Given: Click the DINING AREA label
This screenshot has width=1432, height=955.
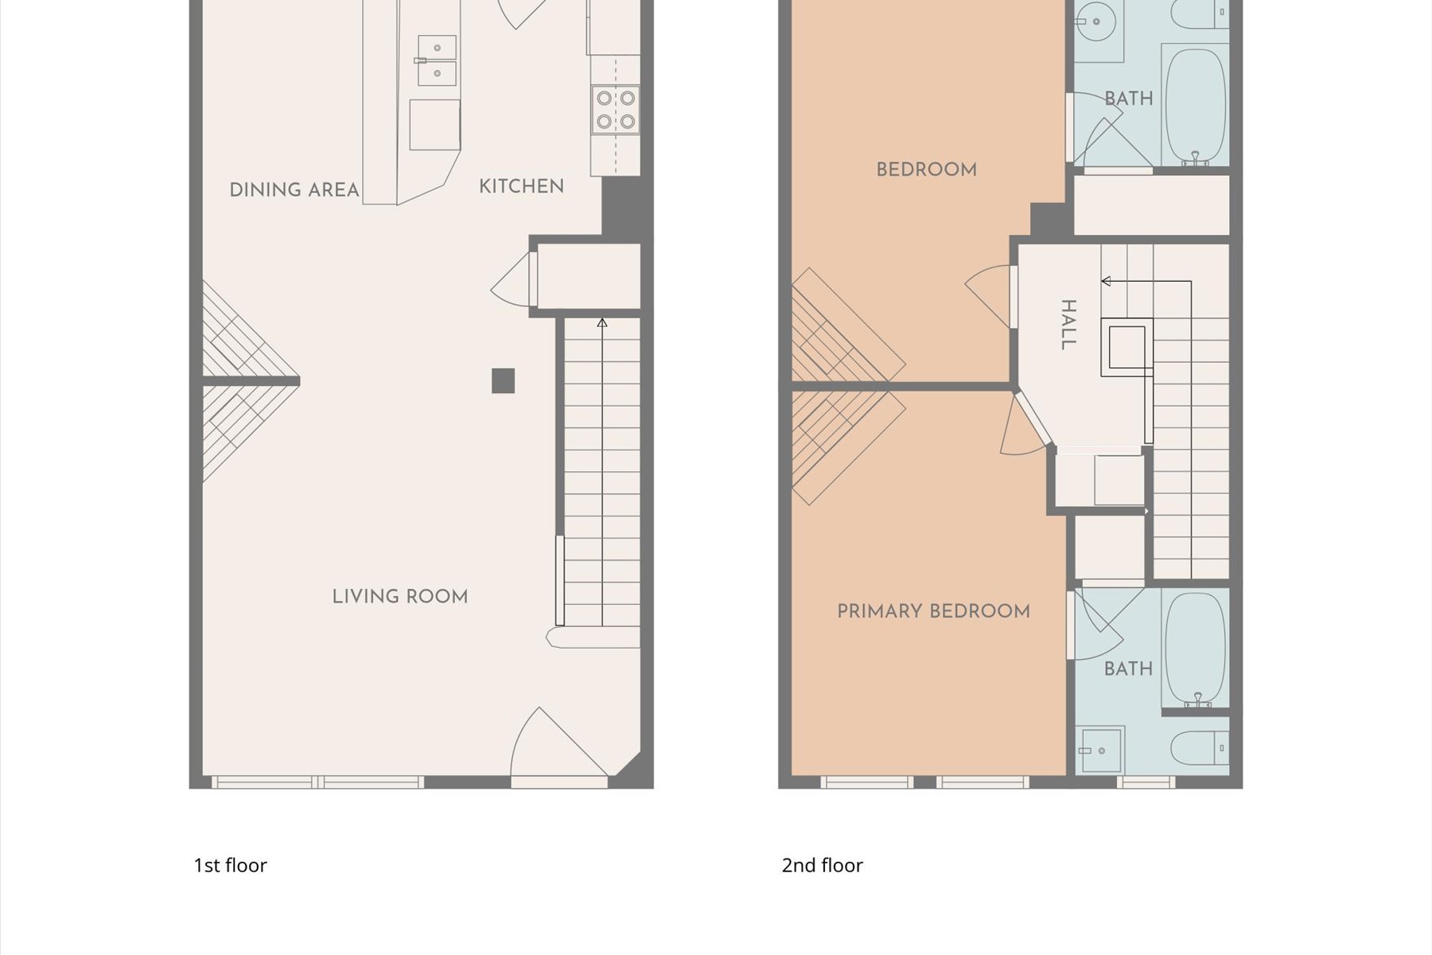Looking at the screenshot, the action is tap(294, 190).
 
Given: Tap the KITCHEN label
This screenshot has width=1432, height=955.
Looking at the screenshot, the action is tap(521, 186).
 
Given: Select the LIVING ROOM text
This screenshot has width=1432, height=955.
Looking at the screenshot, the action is tap(400, 597).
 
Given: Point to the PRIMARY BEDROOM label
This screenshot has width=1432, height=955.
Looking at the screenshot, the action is tap(933, 611).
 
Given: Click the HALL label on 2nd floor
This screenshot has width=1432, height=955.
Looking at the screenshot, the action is tap(1068, 325).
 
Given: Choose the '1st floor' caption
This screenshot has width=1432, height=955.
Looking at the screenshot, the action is tap(230, 865).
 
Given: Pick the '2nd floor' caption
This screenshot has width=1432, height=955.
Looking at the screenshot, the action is tap(822, 865).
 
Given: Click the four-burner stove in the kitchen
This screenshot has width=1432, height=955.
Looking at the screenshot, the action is tap(616, 110).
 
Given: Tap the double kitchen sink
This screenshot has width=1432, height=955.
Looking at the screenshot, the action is tap(437, 60).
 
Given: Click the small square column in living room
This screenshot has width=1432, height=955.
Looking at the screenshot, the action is tap(503, 381).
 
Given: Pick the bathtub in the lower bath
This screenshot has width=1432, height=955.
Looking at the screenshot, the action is tap(1195, 649).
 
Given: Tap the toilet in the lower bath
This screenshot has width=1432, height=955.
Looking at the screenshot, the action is tap(1200, 748).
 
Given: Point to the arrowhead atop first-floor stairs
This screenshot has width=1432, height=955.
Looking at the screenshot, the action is tap(602, 322).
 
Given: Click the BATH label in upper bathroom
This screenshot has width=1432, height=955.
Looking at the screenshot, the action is tap(1129, 99).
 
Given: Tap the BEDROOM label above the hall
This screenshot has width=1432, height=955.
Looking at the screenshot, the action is tap(927, 170).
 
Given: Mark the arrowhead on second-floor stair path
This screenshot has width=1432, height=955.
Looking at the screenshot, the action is tap(1106, 281).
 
